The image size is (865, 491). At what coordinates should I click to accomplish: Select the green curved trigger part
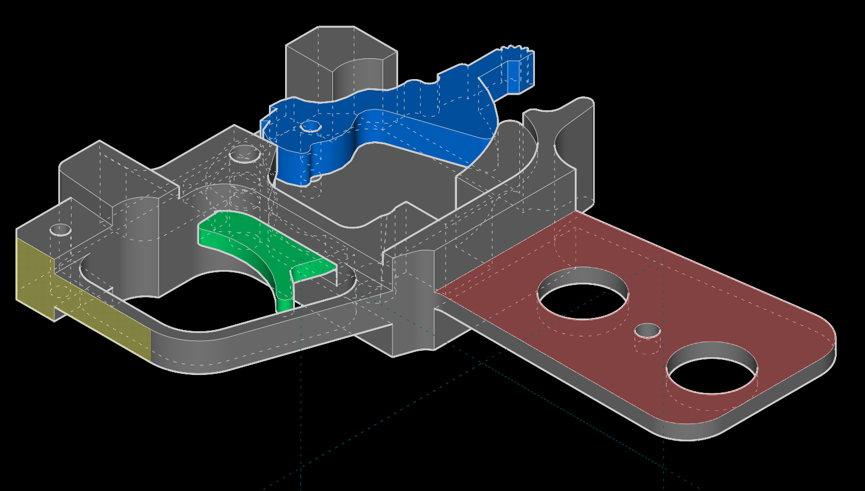click(254, 242)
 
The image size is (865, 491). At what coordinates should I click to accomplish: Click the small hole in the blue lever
click(311, 125)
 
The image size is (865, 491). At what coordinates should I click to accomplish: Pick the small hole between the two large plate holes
click(647, 331)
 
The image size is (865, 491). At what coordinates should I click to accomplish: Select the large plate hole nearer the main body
click(583, 293)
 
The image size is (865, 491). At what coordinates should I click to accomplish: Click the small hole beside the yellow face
click(61, 230)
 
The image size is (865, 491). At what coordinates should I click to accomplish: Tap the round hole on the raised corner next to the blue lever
click(245, 155)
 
